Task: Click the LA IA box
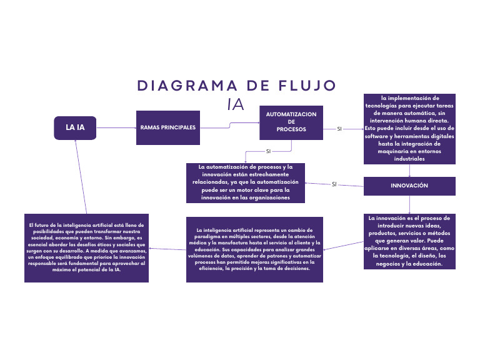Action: [76, 127]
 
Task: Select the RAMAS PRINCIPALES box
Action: [167, 127]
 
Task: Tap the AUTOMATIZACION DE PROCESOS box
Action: [291, 122]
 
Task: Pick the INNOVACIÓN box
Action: [409, 186]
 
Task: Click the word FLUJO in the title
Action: [300, 86]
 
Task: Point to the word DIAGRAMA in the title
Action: [183, 86]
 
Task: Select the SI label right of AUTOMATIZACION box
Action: [339, 129]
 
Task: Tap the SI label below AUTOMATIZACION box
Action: [268, 151]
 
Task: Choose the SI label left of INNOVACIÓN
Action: [334, 184]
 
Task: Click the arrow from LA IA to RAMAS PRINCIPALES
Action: [116, 127]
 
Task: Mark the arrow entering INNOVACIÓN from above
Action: [409, 171]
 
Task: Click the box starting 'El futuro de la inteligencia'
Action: [87, 248]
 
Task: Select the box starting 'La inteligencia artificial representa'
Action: [254, 250]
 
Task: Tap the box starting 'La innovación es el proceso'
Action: [409, 241]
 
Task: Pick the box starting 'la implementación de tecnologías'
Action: [409, 129]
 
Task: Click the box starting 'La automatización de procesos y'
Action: [246, 182]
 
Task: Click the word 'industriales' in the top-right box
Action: [409, 159]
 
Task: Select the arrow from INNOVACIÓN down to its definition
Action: [409, 204]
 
